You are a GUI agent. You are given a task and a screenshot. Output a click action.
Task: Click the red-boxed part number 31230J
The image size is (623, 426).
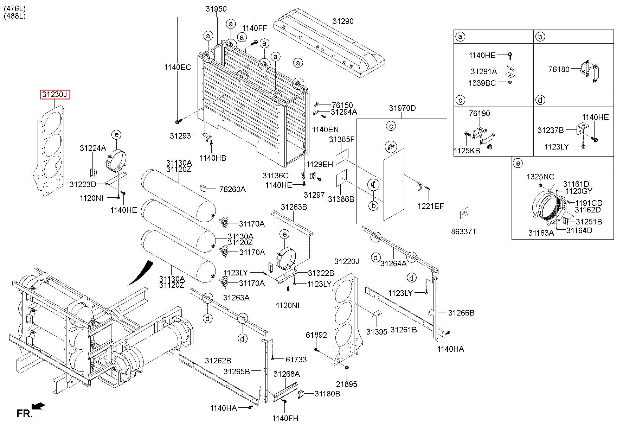pyautogui.click(x=54, y=95)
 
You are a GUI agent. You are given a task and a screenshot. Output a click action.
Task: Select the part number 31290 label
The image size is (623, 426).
pyautogui.click(x=343, y=21)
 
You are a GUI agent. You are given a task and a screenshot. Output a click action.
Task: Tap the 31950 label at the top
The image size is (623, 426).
pyautogui.click(x=216, y=9)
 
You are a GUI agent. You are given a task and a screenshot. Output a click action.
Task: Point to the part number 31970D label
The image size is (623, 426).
pyautogui.click(x=402, y=108)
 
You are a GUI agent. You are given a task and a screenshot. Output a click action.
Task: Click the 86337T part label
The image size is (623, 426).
pyautogui.click(x=464, y=231)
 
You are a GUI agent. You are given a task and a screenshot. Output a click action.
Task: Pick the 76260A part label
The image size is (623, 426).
pyautogui.click(x=232, y=190)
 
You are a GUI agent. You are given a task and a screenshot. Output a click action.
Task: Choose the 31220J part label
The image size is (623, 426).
pyautogui.click(x=346, y=262)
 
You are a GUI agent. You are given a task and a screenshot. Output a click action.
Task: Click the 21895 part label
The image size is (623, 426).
pyautogui.click(x=346, y=384)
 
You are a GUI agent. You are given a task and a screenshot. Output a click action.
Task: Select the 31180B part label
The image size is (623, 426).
pyautogui.click(x=327, y=394)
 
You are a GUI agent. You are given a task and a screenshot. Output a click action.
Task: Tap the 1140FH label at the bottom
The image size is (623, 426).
pyautogui.click(x=285, y=418)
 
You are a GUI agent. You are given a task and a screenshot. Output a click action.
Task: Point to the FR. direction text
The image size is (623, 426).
pyautogui.click(x=24, y=414)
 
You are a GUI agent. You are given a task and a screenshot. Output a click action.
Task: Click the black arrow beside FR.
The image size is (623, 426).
pyautogui.click(x=38, y=406)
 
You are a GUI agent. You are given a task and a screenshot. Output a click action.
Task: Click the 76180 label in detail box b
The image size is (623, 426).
pyautogui.click(x=559, y=69)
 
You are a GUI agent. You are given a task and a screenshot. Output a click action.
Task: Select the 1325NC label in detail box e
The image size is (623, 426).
pyautogui.click(x=540, y=177)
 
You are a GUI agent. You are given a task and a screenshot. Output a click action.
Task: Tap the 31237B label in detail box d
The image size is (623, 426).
pyautogui.click(x=550, y=131)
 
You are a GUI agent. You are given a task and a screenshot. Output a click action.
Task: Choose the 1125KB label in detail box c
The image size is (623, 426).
pyautogui.click(x=467, y=151)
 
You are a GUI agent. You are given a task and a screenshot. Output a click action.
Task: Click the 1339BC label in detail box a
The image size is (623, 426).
pyautogui.click(x=482, y=83)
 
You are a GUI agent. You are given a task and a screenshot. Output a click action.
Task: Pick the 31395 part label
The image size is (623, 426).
pyautogui.click(x=377, y=331)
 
